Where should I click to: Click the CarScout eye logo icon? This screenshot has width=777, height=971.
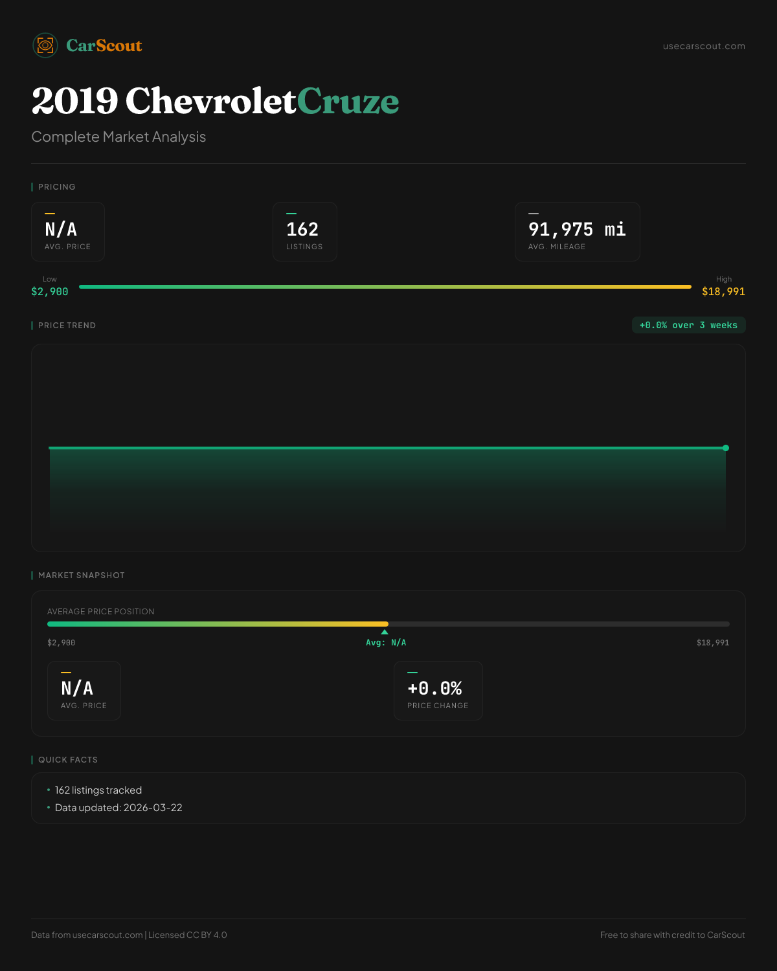tap(45, 45)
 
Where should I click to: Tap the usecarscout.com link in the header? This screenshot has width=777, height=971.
tap(704, 46)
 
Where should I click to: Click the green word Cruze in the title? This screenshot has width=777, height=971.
tap(348, 101)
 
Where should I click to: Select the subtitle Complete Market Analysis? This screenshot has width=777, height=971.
tap(118, 137)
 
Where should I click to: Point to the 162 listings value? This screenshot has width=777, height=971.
tap(302, 229)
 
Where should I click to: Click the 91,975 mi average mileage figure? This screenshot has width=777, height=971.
tap(577, 229)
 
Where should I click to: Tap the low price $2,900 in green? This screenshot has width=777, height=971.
tap(50, 292)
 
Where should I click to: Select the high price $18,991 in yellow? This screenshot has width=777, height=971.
tap(723, 292)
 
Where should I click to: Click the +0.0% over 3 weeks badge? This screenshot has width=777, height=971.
tap(688, 325)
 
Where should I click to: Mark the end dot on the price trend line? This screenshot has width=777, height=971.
tap(726, 448)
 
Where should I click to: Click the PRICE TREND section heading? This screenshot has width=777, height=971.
tap(67, 326)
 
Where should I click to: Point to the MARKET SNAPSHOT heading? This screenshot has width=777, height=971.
tap(81, 575)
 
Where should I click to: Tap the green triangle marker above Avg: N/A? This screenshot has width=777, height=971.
tap(385, 632)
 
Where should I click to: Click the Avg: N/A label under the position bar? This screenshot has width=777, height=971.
tap(386, 643)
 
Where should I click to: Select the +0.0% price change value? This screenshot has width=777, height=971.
tap(434, 688)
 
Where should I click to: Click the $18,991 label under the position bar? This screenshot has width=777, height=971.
tap(712, 643)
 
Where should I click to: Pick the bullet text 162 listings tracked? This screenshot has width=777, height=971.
tap(98, 790)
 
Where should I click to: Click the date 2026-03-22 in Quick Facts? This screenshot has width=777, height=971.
tap(153, 808)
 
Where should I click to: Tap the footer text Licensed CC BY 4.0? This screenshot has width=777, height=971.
tap(188, 935)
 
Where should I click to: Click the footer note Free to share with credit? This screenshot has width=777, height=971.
tap(672, 935)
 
